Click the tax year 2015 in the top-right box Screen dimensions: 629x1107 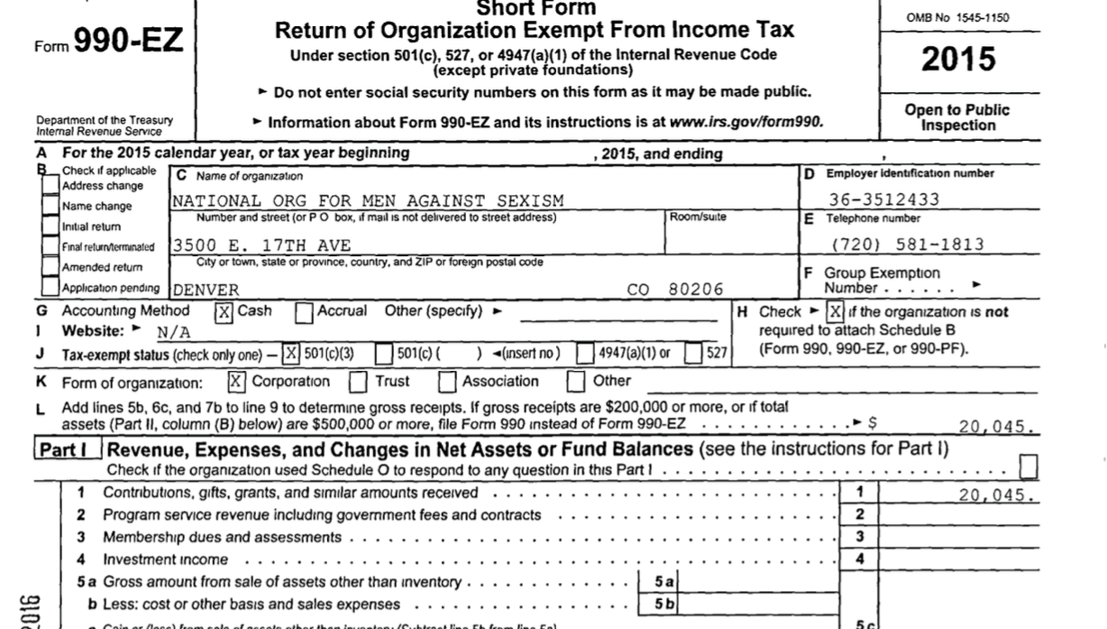(958, 60)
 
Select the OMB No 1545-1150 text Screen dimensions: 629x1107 (958, 17)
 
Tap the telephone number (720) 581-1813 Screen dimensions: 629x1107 (907, 245)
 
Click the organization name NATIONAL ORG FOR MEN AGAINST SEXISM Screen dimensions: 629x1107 (368, 200)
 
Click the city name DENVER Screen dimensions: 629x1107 (206, 290)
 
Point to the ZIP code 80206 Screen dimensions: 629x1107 (696, 290)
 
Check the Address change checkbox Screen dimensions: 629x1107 (51, 184)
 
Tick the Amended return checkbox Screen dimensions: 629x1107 (51, 267)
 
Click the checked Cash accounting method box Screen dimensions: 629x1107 (224, 312)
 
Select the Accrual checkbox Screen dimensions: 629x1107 (305, 312)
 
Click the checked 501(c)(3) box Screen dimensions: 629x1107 (291, 354)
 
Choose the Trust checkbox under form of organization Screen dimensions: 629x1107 (358, 382)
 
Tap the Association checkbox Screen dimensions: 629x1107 (446, 382)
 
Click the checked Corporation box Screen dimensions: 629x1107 (236, 382)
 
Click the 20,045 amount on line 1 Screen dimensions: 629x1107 (995, 495)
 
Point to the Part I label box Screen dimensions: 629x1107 (67, 449)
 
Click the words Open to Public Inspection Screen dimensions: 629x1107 (957, 117)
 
